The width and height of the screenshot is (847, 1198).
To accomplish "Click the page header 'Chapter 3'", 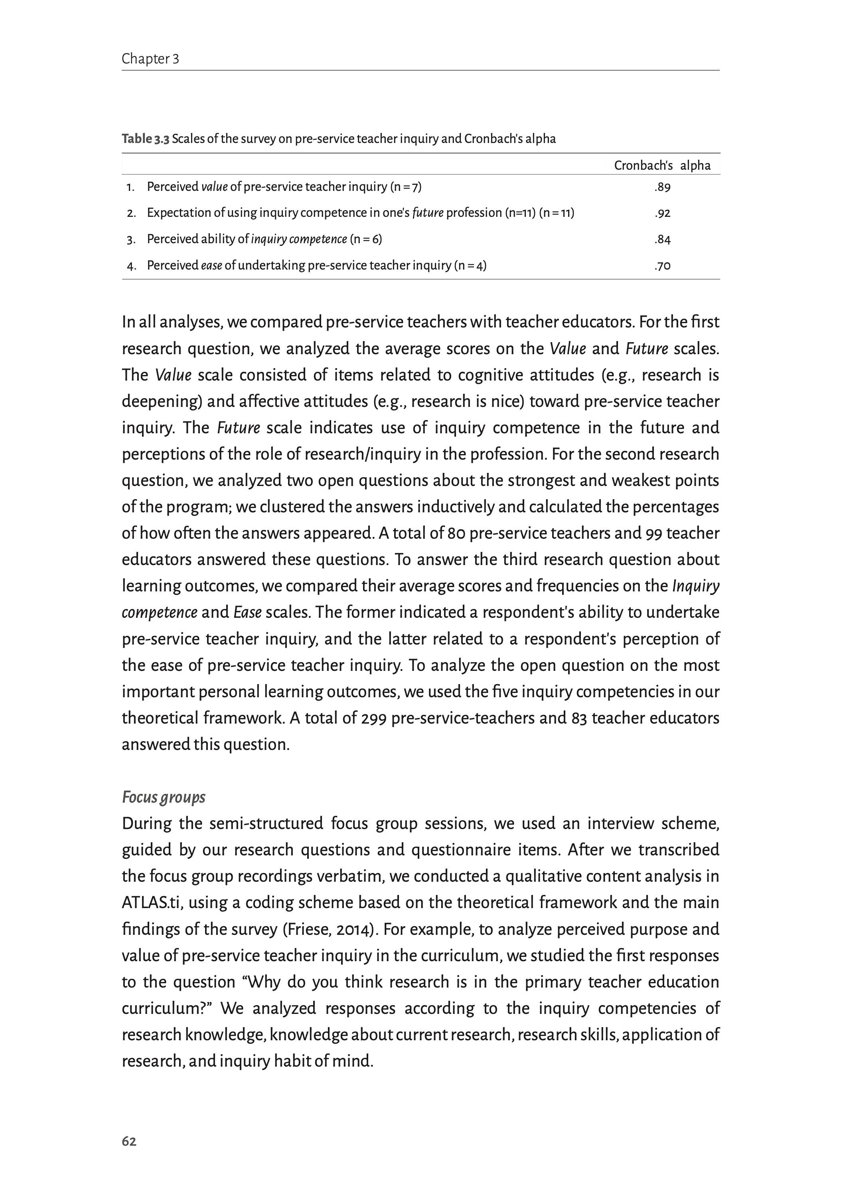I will [150, 59].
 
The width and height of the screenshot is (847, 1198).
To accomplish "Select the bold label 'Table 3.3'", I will [146, 139].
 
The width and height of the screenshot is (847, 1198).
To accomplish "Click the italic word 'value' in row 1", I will [214, 187].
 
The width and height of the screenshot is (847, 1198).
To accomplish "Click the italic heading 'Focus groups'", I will [163, 797].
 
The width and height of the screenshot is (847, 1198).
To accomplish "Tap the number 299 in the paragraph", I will [373, 718].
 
